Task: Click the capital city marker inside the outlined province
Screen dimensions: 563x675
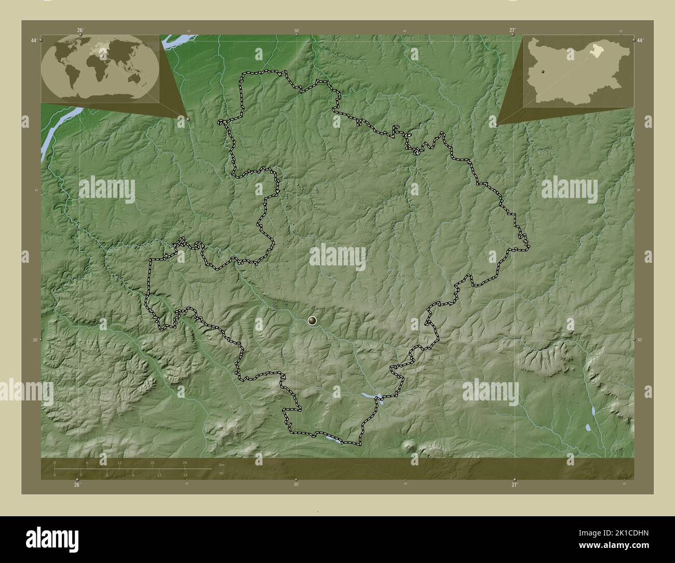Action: pyautogui.click(x=312, y=321)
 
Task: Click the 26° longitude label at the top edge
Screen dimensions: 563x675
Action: pyautogui.click(x=80, y=30)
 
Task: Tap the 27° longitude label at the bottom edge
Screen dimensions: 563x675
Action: pyautogui.click(x=514, y=485)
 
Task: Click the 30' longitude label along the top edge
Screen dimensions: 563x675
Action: pyautogui.click(x=296, y=31)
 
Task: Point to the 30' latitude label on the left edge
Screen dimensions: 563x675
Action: pyautogui.click(x=34, y=340)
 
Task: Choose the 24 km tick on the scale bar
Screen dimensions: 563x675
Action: pyautogui.click(x=184, y=463)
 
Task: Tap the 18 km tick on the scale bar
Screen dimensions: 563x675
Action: pyautogui.click(x=152, y=463)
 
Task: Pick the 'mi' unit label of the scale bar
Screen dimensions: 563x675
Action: pyautogui.click(x=222, y=474)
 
